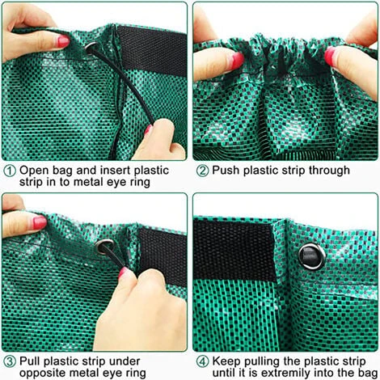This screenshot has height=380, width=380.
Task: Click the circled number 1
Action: (x=10, y=171)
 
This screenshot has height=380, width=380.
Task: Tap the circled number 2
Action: (x=202, y=171)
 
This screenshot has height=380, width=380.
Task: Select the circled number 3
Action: (x=10, y=361)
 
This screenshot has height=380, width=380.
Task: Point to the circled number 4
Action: (x=202, y=361)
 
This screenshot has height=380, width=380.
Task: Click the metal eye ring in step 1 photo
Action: (x=87, y=49)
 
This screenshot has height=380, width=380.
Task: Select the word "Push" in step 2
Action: (x=226, y=171)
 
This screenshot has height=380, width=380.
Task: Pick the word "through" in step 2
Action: (x=329, y=171)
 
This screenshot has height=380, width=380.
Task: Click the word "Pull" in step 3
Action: (x=30, y=361)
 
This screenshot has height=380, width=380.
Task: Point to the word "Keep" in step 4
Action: (x=226, y=361)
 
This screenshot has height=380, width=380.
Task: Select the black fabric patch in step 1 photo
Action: (x=152, y=50)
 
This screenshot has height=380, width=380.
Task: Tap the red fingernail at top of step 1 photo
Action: (x=64, y=41)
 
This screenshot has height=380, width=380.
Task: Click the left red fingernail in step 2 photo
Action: (x=237, y=60)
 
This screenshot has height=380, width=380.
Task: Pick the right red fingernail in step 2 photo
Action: (x=330, y=56)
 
